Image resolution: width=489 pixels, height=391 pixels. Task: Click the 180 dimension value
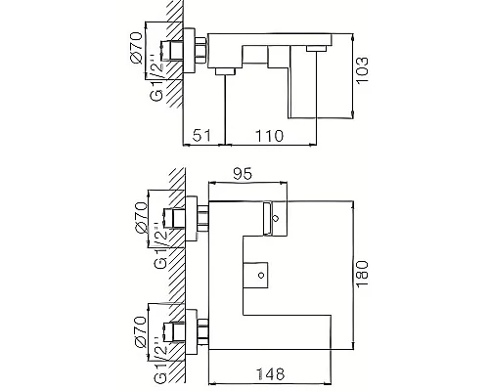click(362, 268)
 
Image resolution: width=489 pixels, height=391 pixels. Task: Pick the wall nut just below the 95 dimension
click(202, 217)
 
